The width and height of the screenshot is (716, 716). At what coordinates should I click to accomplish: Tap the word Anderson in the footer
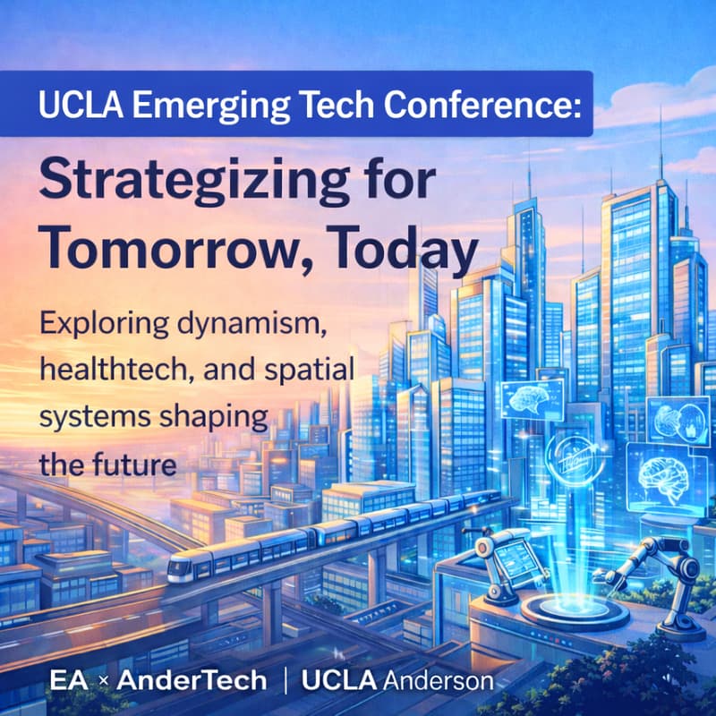(439, 680)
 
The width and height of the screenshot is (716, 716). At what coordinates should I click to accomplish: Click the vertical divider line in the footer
(286, 680)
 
